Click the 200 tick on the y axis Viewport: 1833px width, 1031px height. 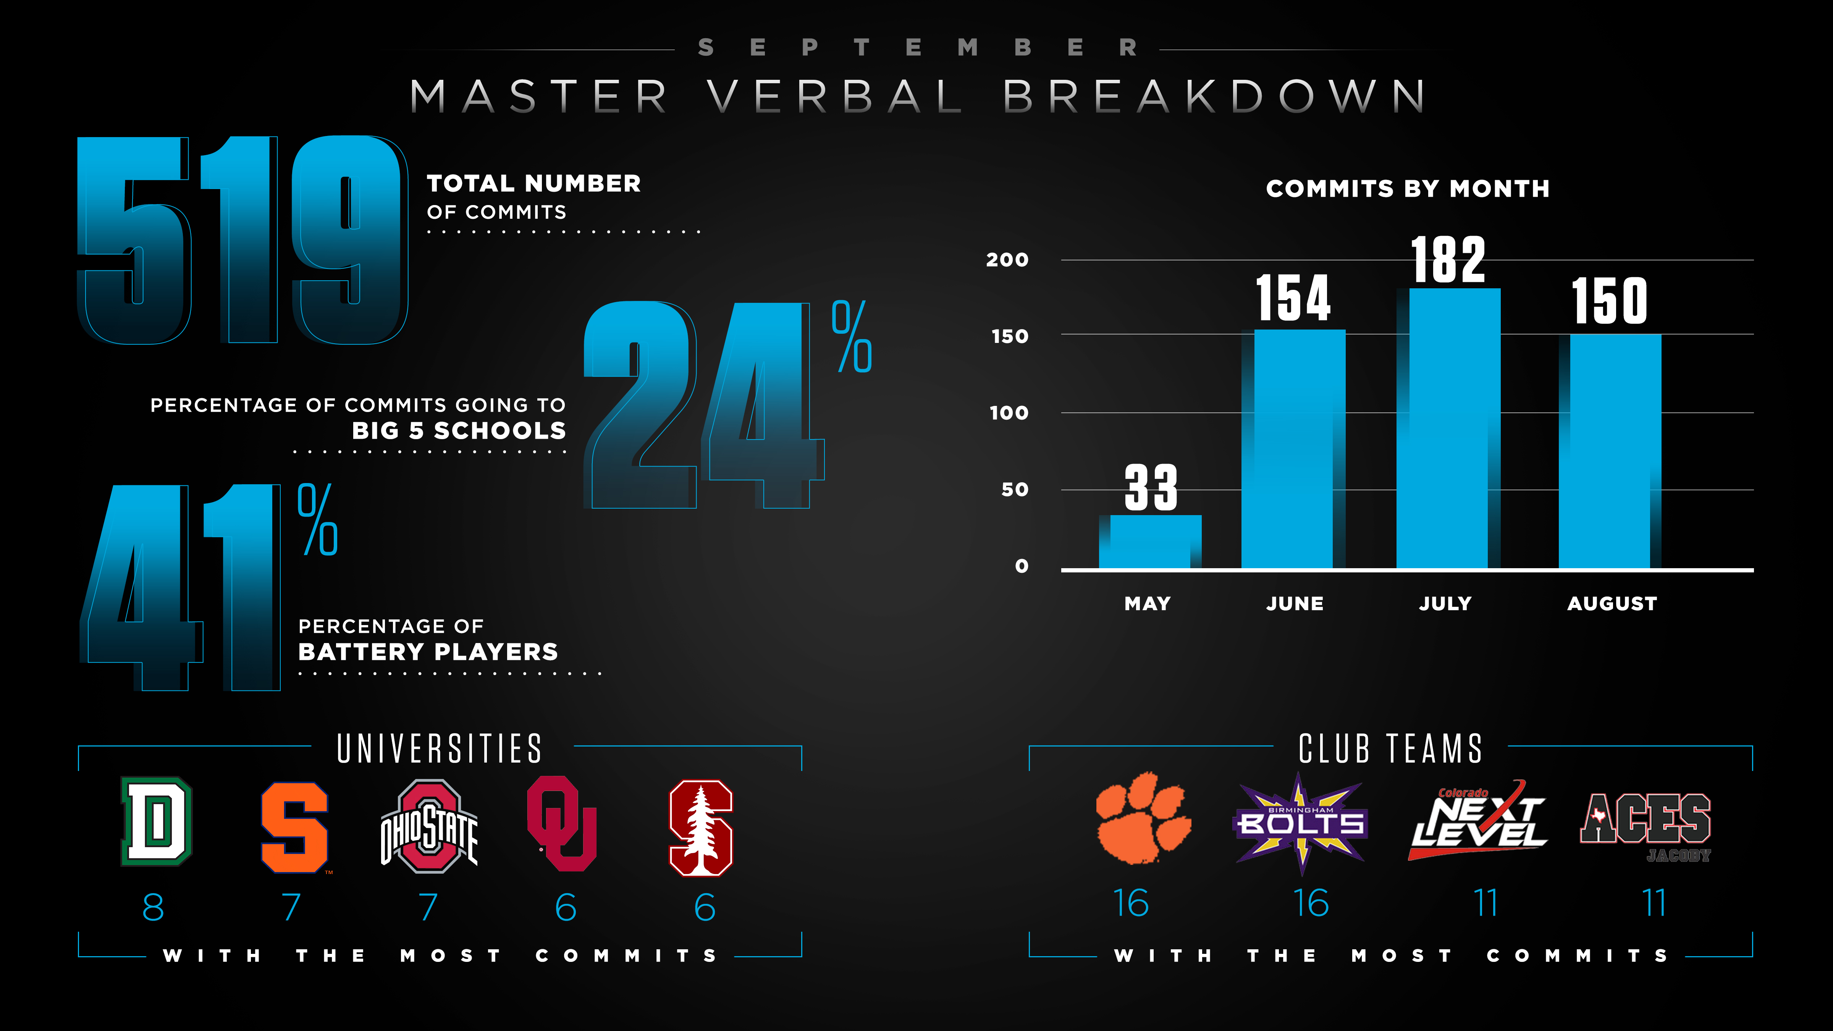(1007, 260)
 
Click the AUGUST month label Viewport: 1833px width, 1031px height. (1612, 603)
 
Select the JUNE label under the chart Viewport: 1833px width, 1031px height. (1294, 603)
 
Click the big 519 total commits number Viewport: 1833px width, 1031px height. (242, 241)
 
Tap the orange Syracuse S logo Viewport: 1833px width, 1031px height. (294, 827)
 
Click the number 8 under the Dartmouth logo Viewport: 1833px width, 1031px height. (153, 907)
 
